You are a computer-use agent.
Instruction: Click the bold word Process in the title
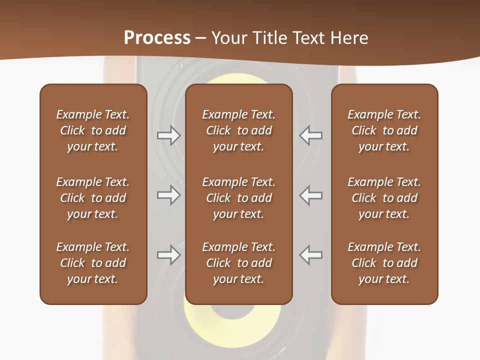click(x=157, y=37)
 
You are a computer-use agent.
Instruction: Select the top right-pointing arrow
click(x=169, y=135)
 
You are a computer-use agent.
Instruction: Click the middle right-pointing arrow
click(x=169, y=195)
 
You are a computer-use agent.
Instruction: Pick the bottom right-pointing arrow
click(x=169, y=255)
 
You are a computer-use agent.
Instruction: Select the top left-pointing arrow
click(x=310, y=135)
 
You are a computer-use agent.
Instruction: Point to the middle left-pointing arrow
click(x=310, y=195)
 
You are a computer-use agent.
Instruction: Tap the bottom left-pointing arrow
click(x=310, y=255)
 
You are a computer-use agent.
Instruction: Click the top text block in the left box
click(x=93, y=130)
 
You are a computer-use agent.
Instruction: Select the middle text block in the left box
click(x=93, y=198)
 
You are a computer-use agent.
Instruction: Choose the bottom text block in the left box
click(x=93, y=263)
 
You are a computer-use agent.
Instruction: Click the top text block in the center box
click(x=238, y=130)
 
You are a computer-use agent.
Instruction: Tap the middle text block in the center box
click(x=238, y=198)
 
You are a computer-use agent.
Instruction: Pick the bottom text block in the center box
click(x=238, y=263)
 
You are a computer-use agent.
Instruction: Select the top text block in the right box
click(x=384, y=130)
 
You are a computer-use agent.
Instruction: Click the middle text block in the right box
click(x=384, y=198)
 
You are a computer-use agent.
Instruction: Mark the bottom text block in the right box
click(x=384, y=263)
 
